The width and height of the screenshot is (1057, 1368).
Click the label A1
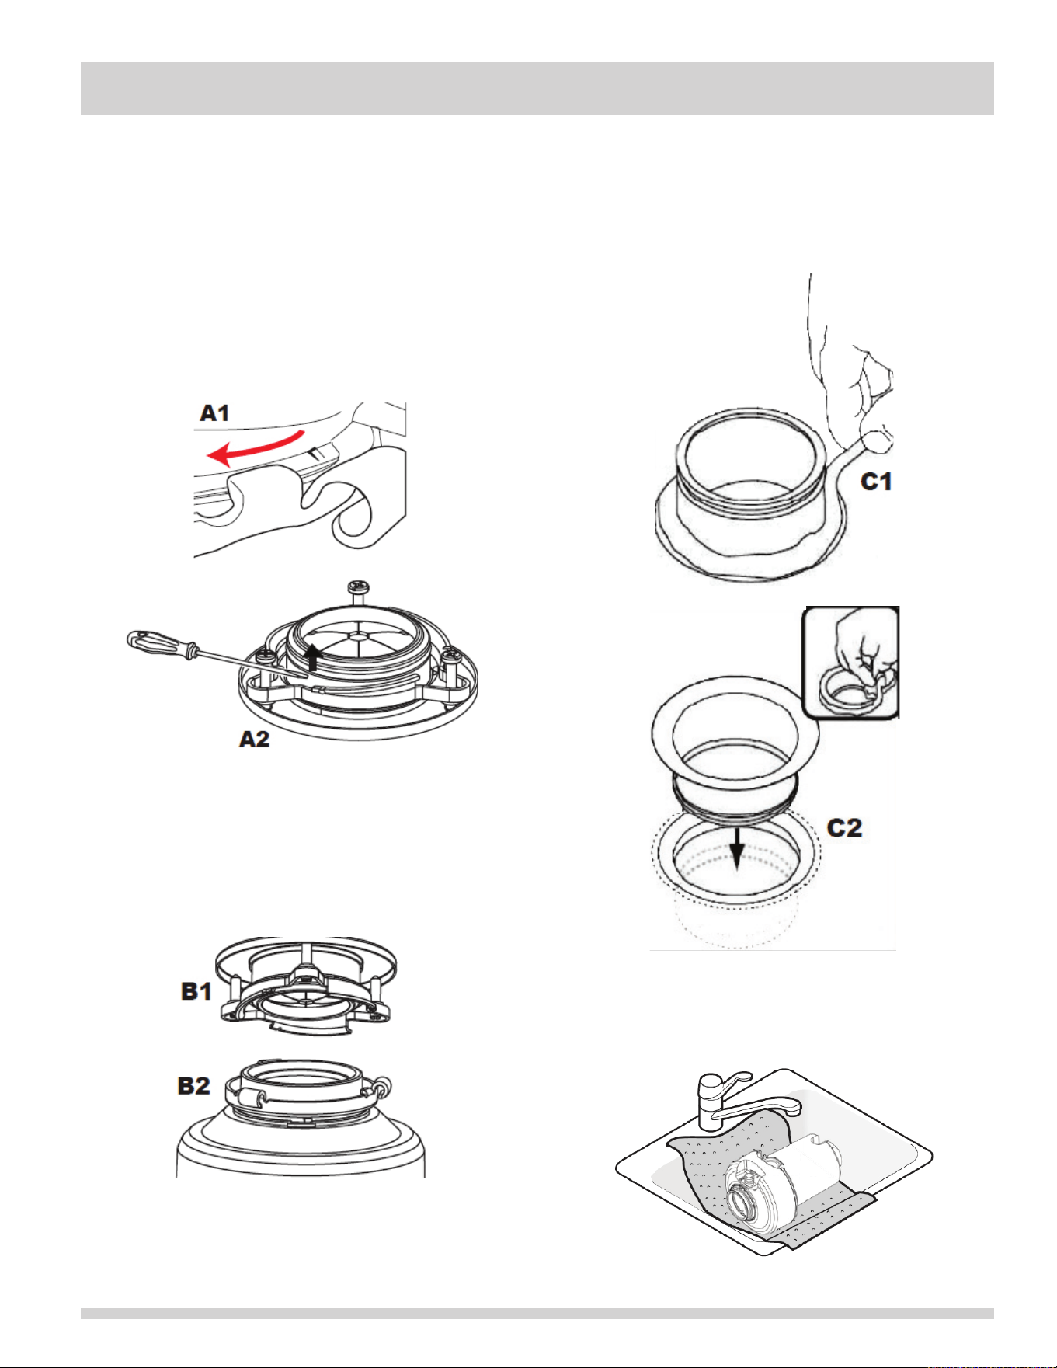215,412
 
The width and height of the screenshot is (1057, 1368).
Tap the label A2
254,739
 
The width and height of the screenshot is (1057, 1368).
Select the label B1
196,991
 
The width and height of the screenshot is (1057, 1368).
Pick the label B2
194,1085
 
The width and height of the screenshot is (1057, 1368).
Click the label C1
877,482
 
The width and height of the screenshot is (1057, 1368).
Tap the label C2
845,827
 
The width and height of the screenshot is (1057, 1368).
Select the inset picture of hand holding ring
852,662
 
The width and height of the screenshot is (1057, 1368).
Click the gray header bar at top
537,89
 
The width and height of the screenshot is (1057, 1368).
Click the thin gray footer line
537,1314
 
